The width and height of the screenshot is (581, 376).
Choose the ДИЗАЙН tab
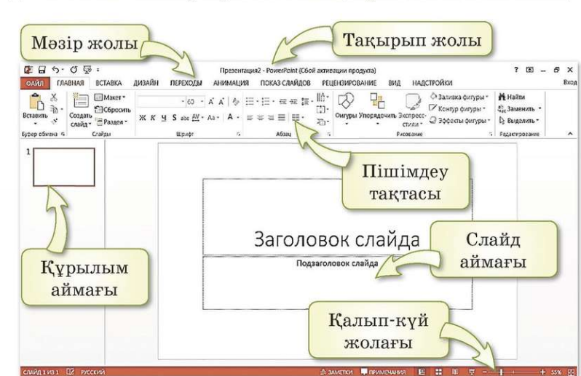pyautogui.click(x=146, y=83)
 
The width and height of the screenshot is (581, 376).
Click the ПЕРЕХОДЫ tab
pyautogui.click(x=189, y=83)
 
